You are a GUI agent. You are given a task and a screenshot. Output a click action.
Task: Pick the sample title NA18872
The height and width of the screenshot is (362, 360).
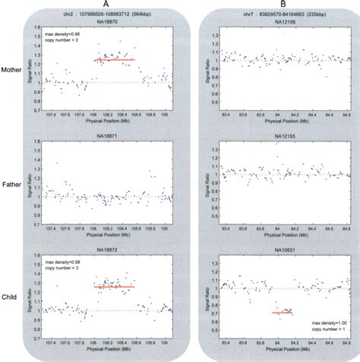(108, 249)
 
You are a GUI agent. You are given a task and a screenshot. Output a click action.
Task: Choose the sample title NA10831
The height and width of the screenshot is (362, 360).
(283, 250)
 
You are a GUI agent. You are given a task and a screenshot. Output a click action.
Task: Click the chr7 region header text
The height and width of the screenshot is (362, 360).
(283, 14)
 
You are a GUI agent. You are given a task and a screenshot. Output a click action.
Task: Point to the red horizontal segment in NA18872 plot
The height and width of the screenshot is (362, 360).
(113, 287)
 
